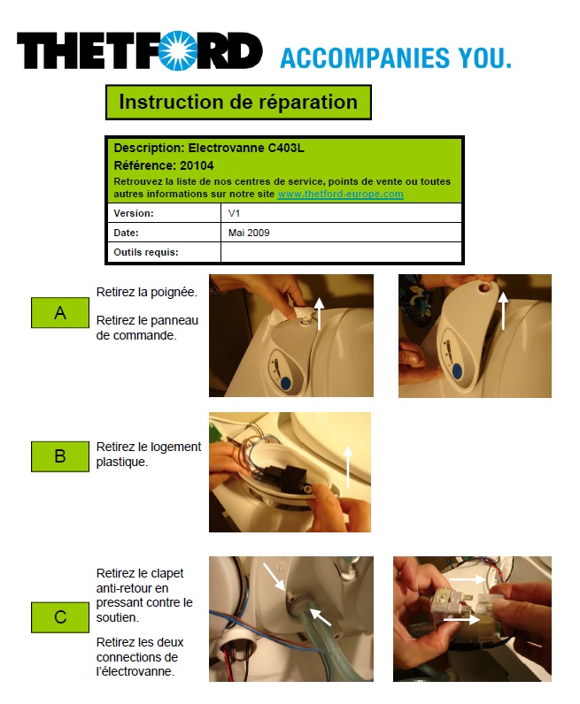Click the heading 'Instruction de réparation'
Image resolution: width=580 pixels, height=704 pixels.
(238, 102)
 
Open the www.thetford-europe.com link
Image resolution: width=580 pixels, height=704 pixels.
(340, 194)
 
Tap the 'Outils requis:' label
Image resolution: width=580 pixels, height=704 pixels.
(146, 252)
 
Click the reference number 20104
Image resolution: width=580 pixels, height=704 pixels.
(197, 165)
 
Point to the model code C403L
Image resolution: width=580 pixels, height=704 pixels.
(286, 148)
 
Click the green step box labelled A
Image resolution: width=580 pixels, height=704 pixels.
(60, 312)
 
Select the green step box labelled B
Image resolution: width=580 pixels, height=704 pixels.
(60, 456)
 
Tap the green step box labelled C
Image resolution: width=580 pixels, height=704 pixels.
(60, 617)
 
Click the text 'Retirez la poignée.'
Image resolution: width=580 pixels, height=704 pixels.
(147, 292)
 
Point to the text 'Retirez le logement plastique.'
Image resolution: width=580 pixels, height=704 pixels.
(149, 455)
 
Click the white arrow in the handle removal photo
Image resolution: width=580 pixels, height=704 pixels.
(319, 314)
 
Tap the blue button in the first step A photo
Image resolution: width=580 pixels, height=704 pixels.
(287, 384)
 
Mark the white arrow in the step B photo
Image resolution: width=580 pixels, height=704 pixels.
(347, 467)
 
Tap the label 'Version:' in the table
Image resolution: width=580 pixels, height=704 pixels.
(134, 213)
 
